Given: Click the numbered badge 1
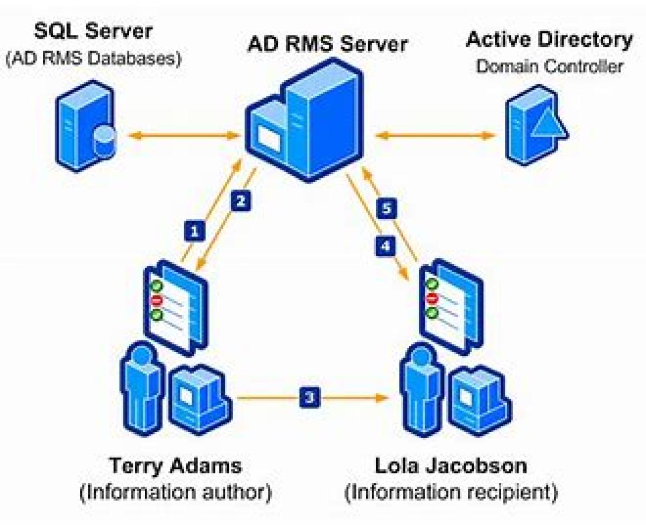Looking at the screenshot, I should click(x=194, y=231).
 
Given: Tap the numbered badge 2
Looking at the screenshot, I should click(x=241, y=201).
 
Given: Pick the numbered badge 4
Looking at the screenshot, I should click(x=384, y=247).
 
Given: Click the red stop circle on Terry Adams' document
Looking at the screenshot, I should click(x=157, y=300).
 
